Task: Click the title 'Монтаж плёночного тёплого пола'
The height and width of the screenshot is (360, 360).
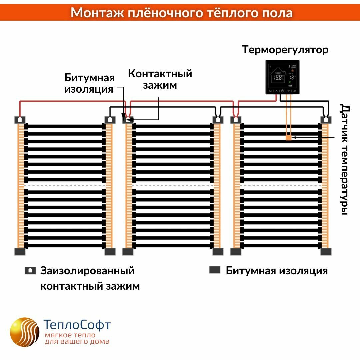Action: click(182, 13)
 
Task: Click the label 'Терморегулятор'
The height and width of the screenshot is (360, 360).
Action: click(285, 50)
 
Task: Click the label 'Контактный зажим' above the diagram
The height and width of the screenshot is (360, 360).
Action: click(160, 79)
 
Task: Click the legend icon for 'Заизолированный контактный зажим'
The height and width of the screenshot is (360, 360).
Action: click(30, 271)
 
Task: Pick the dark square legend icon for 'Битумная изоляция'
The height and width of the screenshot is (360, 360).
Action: click(215, 270)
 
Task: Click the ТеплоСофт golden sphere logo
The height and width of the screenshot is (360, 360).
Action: click(24, 332)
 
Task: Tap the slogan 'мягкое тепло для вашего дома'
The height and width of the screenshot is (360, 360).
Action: click(77, 338)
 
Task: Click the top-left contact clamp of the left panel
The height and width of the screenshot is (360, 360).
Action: click(20, 120)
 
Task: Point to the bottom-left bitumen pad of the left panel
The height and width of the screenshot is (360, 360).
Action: click(20, 252)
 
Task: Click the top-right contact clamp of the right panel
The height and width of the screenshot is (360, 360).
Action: click(326, 120)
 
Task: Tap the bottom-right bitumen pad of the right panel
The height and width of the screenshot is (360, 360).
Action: click(326, 252)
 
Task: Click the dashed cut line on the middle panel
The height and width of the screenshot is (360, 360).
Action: click(173, 186)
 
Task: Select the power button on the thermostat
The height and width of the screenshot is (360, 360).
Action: click(282, 91)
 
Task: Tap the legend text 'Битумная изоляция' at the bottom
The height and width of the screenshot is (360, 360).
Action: click(277, 271)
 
